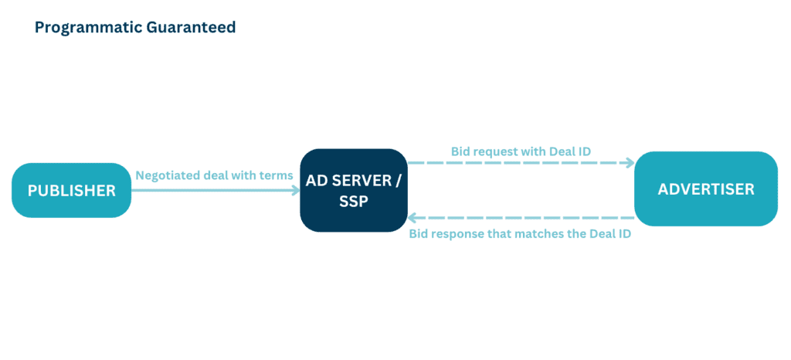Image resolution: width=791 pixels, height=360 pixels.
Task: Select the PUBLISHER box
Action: (71, 190)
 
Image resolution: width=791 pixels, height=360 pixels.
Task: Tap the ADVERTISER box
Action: (705, 189)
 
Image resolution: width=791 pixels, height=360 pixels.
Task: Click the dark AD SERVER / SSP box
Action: (353, 190)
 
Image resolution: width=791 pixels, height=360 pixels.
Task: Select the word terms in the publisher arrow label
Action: (277, 175)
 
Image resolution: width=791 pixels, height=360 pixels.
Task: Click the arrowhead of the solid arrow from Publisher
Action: (296, 190)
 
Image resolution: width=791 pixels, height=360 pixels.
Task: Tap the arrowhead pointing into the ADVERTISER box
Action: (630, 162)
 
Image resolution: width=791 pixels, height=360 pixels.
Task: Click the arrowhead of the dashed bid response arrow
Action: (412, 218)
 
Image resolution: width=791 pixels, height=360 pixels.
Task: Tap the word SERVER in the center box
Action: (364, 180)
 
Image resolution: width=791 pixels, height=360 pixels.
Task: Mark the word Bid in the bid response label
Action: (418, 234)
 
